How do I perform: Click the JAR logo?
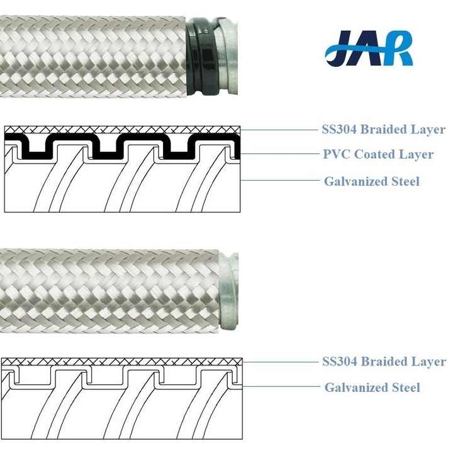369,48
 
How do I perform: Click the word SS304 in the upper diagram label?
339,129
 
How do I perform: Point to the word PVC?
336,154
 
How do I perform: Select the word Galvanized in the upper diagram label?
355,181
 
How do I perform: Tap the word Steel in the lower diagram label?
406,388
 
